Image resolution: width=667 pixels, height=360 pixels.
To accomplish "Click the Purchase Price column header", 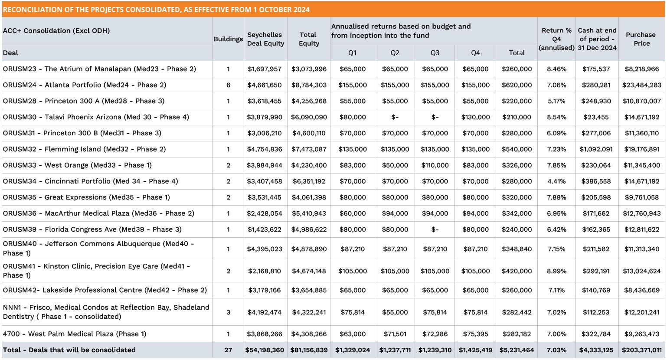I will coord(641,39).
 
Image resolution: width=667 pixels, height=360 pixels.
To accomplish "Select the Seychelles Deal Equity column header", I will coord(265,39).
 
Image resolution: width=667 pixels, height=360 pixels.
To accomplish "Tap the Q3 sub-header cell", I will coord(435,53).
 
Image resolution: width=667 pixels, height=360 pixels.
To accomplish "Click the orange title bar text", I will coord(156,10).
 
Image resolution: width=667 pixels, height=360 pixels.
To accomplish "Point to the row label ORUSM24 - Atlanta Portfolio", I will coord(85,85).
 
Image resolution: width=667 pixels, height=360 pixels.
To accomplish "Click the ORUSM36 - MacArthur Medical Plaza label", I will coord(98,213).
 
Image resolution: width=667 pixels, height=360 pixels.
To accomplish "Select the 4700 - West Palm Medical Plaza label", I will coord(75,334).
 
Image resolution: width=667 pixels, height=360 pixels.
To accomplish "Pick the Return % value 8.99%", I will coord(556,271).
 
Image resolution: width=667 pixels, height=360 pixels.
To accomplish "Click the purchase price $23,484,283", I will coord(641,85).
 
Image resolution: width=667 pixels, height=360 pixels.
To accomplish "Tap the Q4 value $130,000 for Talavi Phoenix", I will coord(475,117).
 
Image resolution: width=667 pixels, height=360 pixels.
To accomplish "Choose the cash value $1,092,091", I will coord(596,149).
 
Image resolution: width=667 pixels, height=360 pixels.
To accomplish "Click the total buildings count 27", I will coord(228,350).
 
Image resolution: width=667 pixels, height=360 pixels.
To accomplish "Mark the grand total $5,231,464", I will coord(517,350).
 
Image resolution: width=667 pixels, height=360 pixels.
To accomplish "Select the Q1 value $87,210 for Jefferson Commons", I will coord(353,249).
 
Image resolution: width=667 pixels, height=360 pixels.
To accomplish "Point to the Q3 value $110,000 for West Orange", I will coord(435,165).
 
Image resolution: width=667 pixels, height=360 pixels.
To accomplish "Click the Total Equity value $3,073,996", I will coord(309,69).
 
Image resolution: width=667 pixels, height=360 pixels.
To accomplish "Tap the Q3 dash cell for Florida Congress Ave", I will coord(435,229).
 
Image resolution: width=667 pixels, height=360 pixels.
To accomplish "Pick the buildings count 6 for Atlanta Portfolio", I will coord(228,85).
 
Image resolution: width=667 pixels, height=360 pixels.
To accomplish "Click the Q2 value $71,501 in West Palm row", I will coord(395,334).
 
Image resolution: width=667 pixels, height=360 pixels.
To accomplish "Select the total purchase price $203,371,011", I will coord(641,350).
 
